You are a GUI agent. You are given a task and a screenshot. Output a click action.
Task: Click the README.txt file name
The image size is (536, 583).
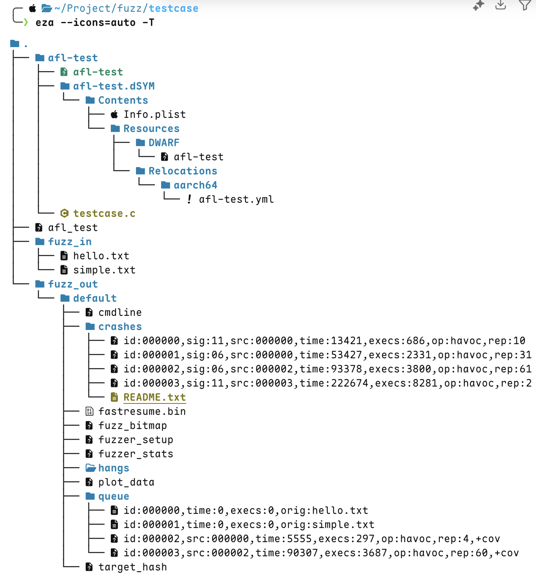tap(154, 397)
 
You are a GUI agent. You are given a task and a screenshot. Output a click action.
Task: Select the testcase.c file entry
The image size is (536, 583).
tap(104, 213)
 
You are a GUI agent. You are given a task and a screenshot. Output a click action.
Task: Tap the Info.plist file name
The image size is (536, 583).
tap(154, 114)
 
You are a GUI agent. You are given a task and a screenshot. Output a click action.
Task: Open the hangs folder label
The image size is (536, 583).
tap(114, 468)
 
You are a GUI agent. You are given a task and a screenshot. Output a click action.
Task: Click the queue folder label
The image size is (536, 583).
tap(114, 496)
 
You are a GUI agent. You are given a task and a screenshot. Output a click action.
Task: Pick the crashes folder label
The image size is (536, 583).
tap(120, 326)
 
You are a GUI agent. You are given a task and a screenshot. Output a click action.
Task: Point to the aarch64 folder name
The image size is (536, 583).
tap(195, 185)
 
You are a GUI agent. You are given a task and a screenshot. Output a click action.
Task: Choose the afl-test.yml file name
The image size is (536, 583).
tap(236, 199)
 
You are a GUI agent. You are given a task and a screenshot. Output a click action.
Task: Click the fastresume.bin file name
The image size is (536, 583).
tap(142, 411)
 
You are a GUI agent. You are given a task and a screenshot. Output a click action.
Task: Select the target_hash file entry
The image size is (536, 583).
tap(132, 567)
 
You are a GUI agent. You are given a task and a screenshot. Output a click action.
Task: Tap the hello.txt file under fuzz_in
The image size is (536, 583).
tap(101, 256)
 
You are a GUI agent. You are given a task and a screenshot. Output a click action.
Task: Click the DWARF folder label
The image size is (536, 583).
tap(164, 143)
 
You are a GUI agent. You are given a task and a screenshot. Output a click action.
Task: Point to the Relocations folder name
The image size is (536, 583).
tap(183, 171)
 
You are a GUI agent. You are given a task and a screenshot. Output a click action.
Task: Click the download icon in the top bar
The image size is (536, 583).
tap(501, 5)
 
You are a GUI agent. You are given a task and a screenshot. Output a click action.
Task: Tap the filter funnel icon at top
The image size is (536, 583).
tap(525, 5)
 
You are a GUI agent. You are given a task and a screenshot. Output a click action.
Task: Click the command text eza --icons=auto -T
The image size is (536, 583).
tap(95, 23)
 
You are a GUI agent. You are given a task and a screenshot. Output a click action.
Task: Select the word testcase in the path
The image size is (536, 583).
tap(173, 8)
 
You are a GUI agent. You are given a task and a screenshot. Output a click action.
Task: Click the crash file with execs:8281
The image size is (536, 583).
tap(327, 383)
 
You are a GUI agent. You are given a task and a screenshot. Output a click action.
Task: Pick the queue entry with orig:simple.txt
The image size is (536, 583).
tap(249, 524)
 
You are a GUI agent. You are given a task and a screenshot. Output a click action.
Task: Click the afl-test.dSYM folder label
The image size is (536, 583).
tap(114, 86)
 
